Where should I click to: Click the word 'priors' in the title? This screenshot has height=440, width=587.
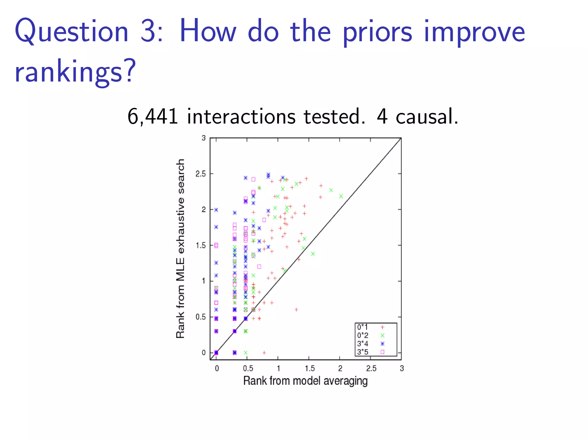(377, 32)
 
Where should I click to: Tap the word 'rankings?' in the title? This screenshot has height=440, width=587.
(75, 72)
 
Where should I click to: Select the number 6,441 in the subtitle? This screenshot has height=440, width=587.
(153, 117)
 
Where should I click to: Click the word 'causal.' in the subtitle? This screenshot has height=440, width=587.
(427, 117)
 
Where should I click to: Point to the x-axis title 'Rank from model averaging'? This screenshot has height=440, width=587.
(305, 381)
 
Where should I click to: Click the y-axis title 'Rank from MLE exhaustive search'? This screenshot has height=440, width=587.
(180, 249)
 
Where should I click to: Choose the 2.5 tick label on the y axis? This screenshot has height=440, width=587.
(201, 174)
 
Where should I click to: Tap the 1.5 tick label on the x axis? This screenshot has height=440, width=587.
(310, 368)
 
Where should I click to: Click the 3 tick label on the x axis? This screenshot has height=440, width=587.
(402, 368)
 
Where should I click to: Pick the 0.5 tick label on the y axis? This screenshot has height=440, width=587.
(201, 317)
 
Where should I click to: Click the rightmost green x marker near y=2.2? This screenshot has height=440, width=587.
(341, 197)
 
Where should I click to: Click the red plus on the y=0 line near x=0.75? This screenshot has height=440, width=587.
(264, 353)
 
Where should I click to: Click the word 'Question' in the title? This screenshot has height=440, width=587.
(72, 32)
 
